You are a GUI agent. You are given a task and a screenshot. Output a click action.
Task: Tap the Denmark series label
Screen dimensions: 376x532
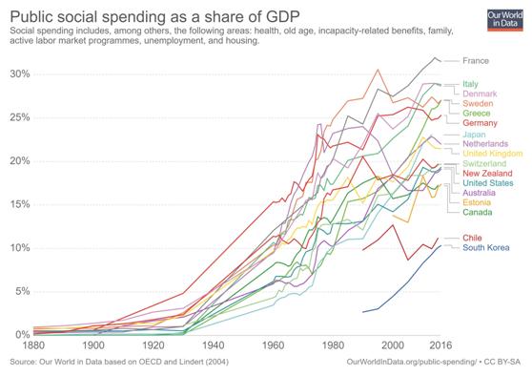pyautogui.click(x=481, y=95)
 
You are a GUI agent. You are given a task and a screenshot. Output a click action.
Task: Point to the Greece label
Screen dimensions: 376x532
pyautogui.click(x=477, y=114)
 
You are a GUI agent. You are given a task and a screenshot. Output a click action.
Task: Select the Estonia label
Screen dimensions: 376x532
pyautogui.click(x=478, y=202)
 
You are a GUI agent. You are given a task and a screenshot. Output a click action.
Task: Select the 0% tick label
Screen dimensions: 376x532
pyautogui.click(x=20, y=335)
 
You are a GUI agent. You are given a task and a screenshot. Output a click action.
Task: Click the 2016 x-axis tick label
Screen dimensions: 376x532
pyautogui.click(x=440, y=345)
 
